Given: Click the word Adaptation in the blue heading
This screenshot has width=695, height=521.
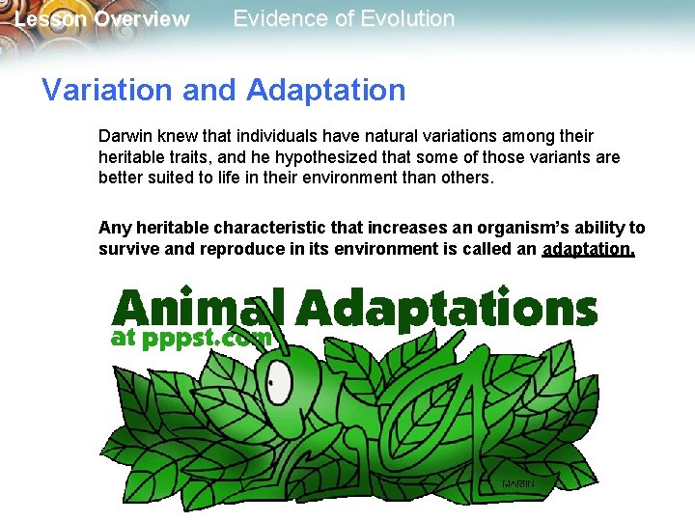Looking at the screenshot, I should (x=325, y=91).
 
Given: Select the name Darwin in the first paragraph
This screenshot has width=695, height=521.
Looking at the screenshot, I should (x=126, y=136).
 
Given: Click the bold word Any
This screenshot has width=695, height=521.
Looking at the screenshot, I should (x=113, y=228).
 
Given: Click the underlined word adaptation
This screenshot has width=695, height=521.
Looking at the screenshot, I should (x=589, y=250).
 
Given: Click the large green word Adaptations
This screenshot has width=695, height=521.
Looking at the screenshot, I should (x=446, y=310).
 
